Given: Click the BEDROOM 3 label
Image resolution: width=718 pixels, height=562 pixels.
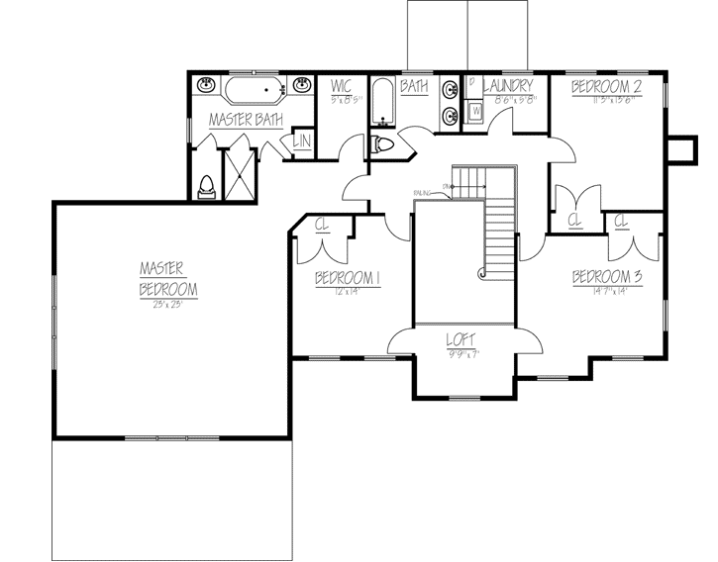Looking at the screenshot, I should coord(608,278).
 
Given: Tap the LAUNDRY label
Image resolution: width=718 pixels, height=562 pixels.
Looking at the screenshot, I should coord(509,87).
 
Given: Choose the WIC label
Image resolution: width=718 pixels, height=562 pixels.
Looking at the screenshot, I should coord(343,87).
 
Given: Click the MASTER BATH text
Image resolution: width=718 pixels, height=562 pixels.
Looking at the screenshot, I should coord(246,120).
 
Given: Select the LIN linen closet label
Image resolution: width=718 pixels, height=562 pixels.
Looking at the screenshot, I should coord(301,142).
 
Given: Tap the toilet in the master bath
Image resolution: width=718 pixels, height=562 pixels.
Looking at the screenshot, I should coord(206,186).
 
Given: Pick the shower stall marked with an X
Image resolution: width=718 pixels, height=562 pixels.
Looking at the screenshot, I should coord(239,174).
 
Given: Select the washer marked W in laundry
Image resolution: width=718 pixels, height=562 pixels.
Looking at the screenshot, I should coord(474,112).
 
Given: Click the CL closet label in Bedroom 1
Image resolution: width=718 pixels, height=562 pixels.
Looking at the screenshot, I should coord(322,225).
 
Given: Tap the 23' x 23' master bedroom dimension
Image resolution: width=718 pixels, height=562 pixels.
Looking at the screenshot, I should coord(167,305).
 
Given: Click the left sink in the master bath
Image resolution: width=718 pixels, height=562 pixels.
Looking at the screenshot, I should coord(206,86).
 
